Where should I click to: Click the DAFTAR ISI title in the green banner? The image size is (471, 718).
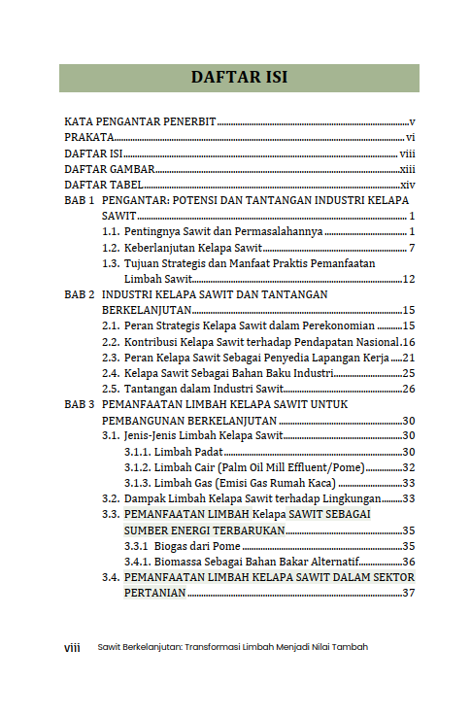point(239,78)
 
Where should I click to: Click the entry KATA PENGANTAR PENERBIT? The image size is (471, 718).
point(140,122)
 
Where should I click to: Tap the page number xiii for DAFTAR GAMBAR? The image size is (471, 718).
point(408,169)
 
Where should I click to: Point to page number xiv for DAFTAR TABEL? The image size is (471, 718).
point(408,185)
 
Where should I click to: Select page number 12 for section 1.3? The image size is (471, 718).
point(409,280)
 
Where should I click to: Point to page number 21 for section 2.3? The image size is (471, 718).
point(409,358)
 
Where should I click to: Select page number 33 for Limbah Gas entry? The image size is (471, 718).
point(409,483)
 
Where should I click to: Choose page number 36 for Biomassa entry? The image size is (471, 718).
point(409,562)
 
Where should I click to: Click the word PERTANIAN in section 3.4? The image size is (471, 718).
point(155,593)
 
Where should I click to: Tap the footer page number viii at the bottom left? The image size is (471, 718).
point(72,647)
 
